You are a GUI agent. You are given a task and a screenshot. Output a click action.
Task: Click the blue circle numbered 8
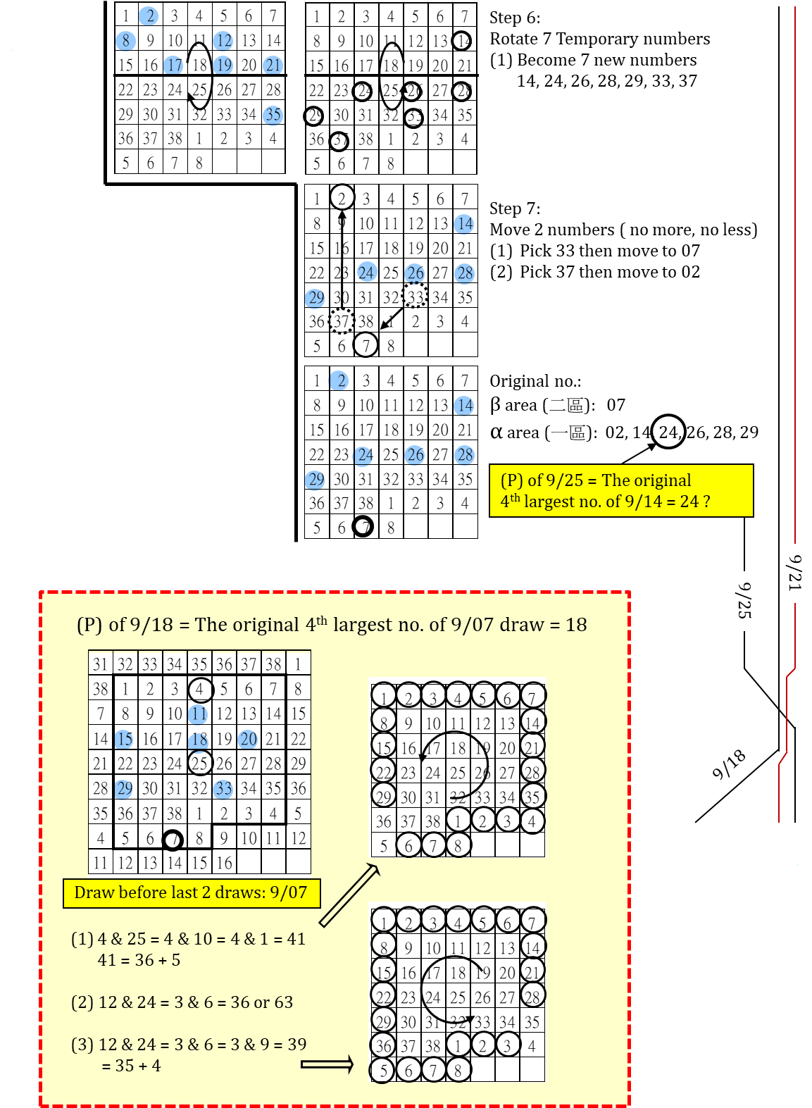click(x=125, y=41)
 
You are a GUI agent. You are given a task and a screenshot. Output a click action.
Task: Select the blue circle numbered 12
click(x=223, y=41)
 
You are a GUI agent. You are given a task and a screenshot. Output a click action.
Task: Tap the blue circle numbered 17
click(x=173, y=66)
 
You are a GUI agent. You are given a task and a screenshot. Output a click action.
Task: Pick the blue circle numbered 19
click(x=223, y=66)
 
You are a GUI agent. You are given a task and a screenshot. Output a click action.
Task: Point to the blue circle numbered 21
click(x=273, y=66)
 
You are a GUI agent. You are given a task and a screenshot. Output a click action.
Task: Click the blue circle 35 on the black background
click(x=273, y=115)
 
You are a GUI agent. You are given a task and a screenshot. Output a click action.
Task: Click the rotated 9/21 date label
click(x=795, y=573)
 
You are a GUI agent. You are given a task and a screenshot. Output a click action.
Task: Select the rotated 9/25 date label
click(x=744, y=600)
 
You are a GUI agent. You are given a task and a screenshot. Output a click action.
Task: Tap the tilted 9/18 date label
click(x=730, y=764)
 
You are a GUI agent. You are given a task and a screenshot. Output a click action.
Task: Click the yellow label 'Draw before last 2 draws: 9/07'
click(x=191, y=892)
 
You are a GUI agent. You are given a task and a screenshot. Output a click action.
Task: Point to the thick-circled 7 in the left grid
click(x=173, y=839)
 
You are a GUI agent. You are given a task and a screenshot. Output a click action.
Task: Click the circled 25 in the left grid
click(x=200, y=763)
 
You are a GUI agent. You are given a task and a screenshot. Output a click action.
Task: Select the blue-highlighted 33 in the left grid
click(x=223, y=788)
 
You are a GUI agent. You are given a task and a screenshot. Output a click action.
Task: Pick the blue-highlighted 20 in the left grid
click(x=248, y=739)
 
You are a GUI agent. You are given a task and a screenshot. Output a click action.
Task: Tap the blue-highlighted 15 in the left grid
click(x=125, y=739)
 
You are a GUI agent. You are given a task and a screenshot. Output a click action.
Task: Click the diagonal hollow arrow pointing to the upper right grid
click(x=349, y=895)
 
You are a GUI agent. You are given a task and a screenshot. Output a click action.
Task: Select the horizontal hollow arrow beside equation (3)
click(x=327, y=1064)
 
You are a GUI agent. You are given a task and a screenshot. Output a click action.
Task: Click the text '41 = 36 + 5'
click(x=139, y=960)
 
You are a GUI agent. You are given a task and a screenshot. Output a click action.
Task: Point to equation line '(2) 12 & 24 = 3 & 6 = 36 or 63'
click(x=182, y=1002)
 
